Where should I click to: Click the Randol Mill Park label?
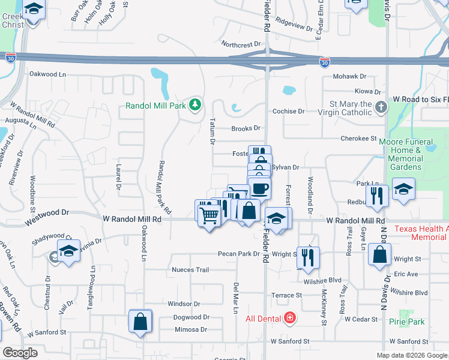157,106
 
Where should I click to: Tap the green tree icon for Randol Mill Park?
194,106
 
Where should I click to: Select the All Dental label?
264,318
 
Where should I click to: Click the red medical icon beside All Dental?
290,317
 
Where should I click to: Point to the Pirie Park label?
406,322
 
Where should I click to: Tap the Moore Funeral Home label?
406,150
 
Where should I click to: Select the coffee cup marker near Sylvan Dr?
259,188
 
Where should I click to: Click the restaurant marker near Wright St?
308,257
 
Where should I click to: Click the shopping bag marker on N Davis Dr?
381,254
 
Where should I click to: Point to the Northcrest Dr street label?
241,44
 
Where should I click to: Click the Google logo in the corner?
20,353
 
